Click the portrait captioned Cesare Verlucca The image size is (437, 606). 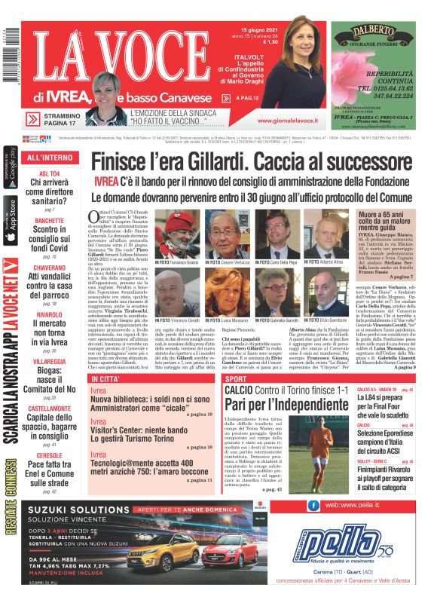[227, 234]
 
